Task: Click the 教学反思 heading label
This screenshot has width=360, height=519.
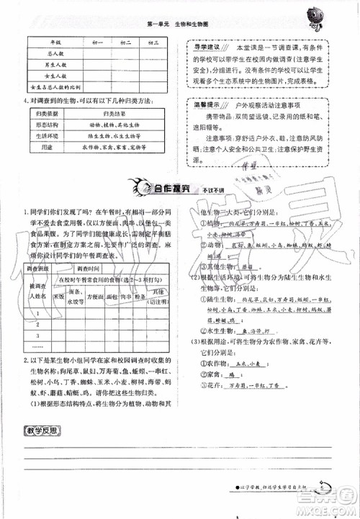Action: (x=42, y=433)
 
